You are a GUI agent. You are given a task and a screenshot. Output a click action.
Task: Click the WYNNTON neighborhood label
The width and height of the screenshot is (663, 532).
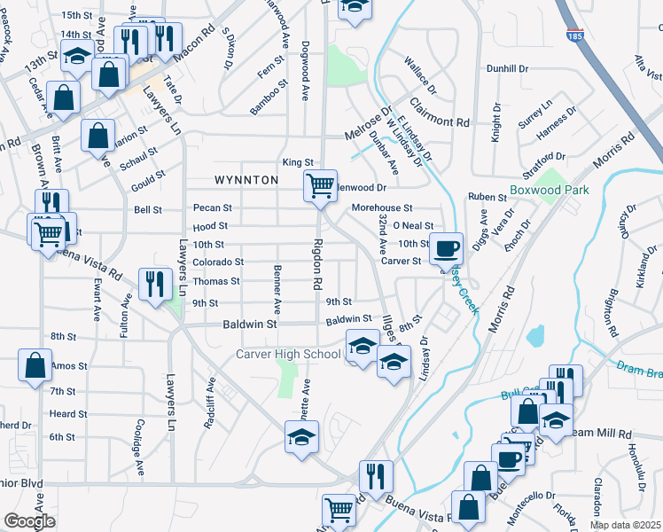click(x=246, y=180)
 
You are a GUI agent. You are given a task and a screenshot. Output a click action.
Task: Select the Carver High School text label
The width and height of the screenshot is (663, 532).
click(x=288, y=355)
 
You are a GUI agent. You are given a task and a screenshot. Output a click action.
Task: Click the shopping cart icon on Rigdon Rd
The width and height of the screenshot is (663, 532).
click(x=320, y=186)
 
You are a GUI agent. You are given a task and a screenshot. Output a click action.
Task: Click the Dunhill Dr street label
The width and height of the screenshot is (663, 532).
click(x=507, y=68)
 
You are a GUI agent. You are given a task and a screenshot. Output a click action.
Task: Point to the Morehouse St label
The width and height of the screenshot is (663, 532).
click(x=382, y=207)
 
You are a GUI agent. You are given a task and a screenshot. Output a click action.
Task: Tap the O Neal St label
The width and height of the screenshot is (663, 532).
click(x=412, y=226)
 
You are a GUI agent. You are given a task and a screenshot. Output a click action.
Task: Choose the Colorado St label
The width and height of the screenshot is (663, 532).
click(x=218, y=262)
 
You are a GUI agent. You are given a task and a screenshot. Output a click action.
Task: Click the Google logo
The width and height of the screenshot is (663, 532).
click(x=29, y=521)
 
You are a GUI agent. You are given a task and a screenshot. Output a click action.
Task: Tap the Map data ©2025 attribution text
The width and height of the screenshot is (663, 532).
click(x=625, y=525)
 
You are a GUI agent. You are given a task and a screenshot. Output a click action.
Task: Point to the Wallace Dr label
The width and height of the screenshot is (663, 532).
click(x=420, y=76)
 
